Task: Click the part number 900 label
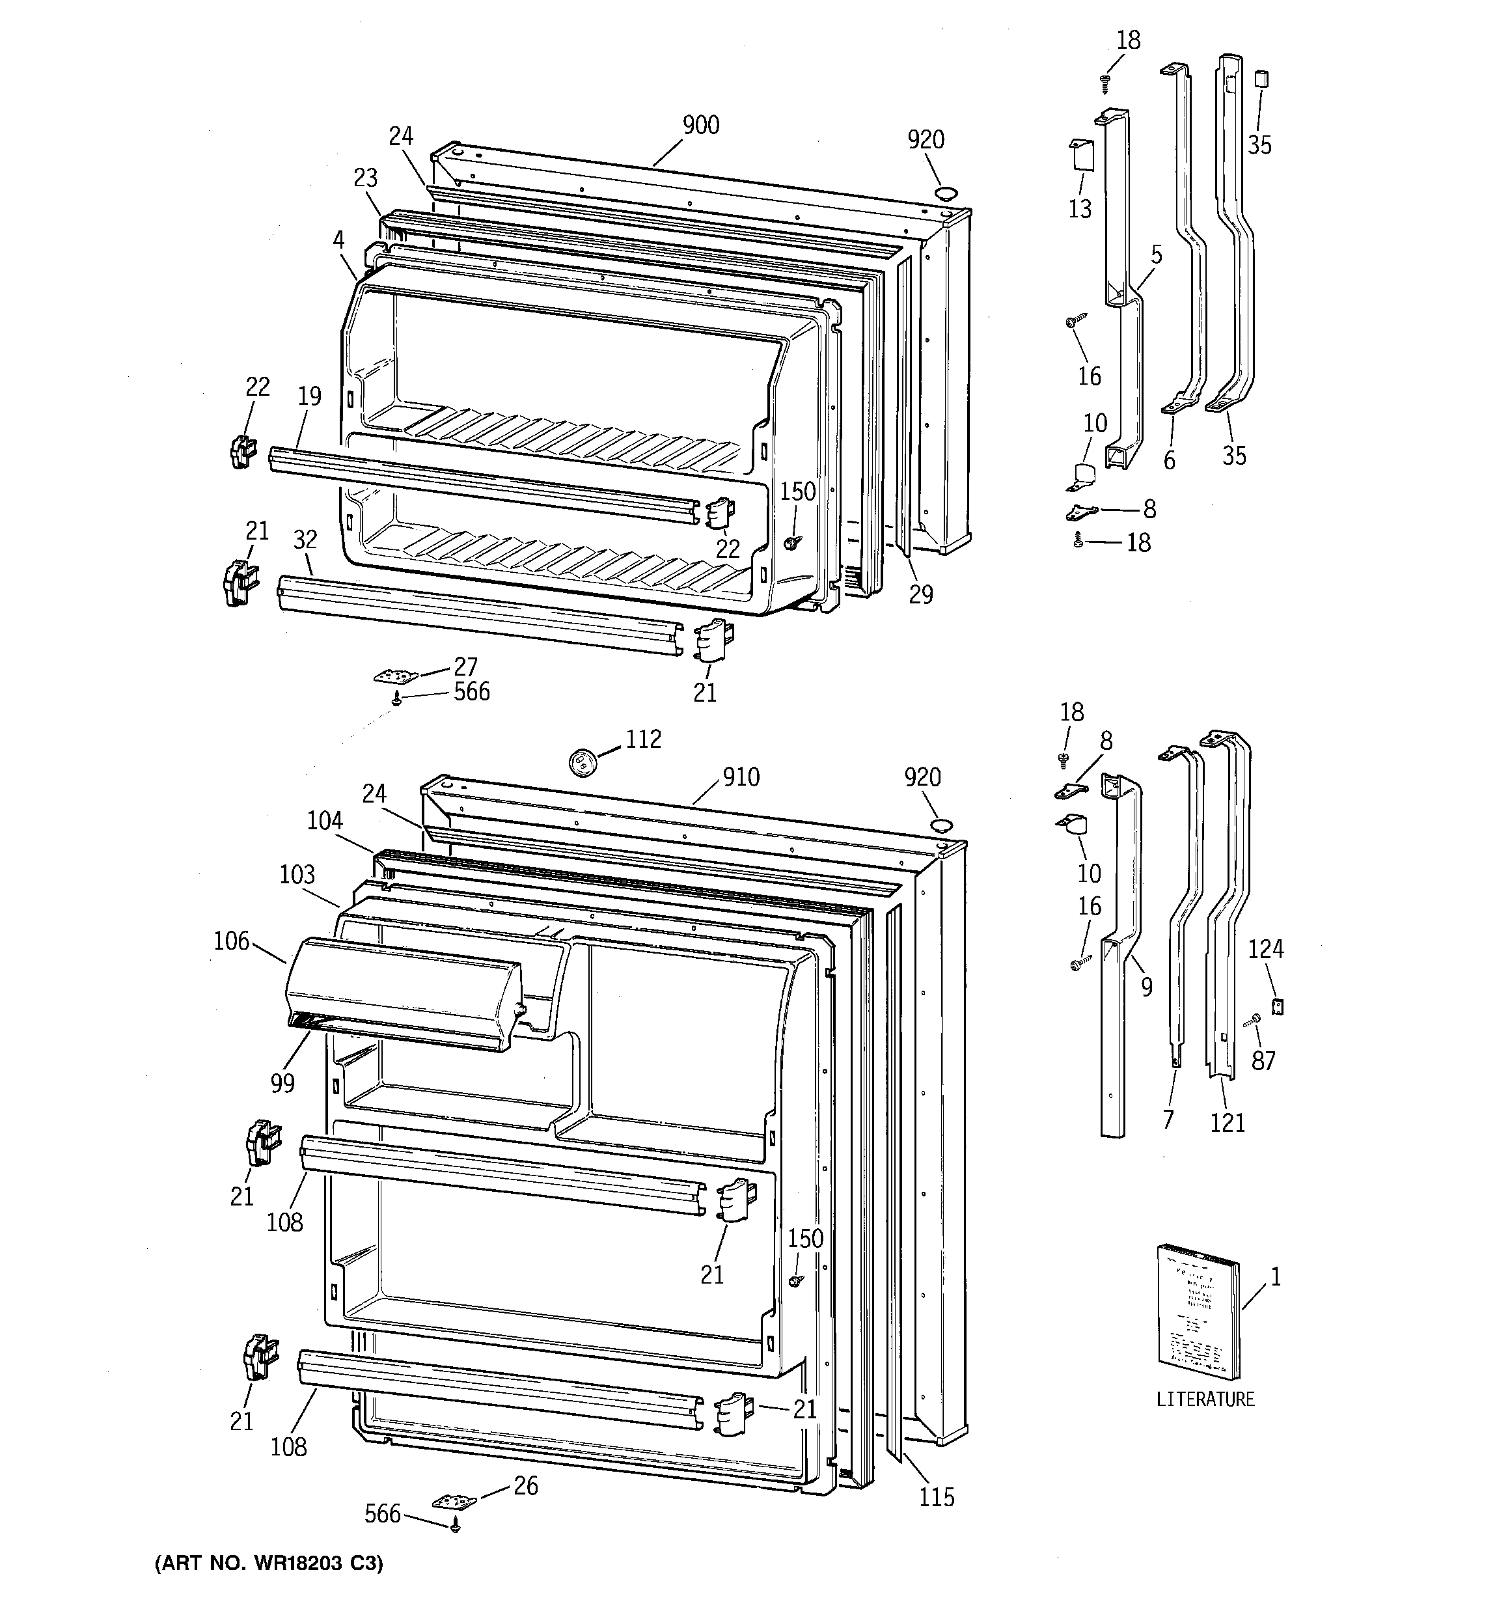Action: point(700,125)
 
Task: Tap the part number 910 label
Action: point(740,777)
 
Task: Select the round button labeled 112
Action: point(581,762)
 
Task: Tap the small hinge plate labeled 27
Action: point(397,675)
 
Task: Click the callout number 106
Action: point(231,941)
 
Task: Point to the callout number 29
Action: point(921,594)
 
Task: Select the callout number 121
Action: point(1227,1122)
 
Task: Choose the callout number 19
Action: point(309,396)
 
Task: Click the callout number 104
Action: point(324,821)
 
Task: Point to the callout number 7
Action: point(1168,1119)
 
